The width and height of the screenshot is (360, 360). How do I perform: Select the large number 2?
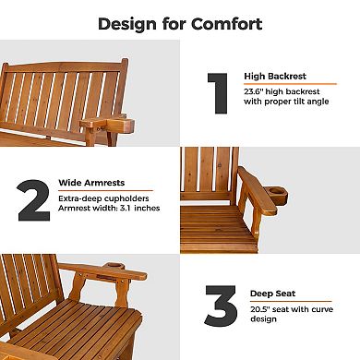click(x=34, y=199)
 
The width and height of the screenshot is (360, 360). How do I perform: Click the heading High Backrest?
click(x=274, y=76)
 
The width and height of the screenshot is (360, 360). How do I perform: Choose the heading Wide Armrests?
click(x=93, y=183)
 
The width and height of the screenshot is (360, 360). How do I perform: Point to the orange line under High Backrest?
click(x=288, y=83)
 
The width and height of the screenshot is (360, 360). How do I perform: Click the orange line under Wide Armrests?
click(x=105, y=190)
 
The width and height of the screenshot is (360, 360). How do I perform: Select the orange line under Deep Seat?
click(x=288, y=300)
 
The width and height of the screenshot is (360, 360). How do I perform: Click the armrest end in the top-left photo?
click(x=101, y=124)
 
